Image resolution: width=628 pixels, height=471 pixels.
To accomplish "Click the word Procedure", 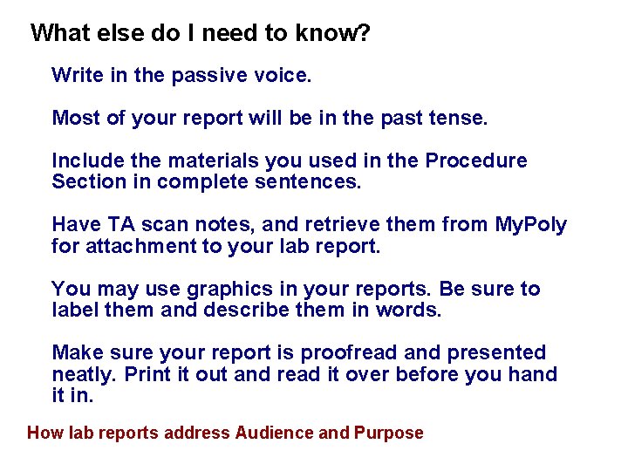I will click(x=475, y=161).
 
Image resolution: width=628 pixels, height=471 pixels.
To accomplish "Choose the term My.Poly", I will click(x=530, y=225).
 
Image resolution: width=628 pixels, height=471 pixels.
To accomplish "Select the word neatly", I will click(x=85, y=374).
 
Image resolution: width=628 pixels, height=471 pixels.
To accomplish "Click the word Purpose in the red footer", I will click(x=389, y=433).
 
